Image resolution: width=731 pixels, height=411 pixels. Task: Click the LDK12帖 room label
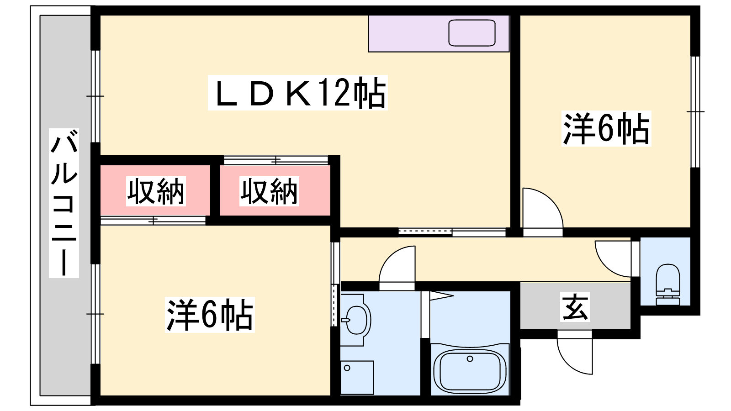coord(297,93)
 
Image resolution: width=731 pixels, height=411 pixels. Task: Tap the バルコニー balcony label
coord(64,203)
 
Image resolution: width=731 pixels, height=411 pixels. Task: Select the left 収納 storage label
coord(156,191)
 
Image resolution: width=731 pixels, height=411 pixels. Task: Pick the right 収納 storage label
coord(269,191)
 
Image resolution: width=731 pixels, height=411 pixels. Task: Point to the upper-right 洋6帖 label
coord(606,128)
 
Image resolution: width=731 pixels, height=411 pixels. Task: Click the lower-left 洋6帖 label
coord(210,315)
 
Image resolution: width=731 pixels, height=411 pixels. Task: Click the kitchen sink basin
coord(472,33)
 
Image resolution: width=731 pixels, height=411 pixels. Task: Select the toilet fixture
coord(667,285)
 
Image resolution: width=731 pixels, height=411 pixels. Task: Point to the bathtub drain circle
coord(470,359)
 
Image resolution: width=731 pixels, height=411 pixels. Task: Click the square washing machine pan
coord(357,377)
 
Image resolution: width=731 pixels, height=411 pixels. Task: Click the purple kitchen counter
coord(439,34)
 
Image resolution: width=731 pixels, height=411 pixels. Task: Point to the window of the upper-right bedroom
coord(695,112)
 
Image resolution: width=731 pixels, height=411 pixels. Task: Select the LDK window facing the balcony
coord(95,96)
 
